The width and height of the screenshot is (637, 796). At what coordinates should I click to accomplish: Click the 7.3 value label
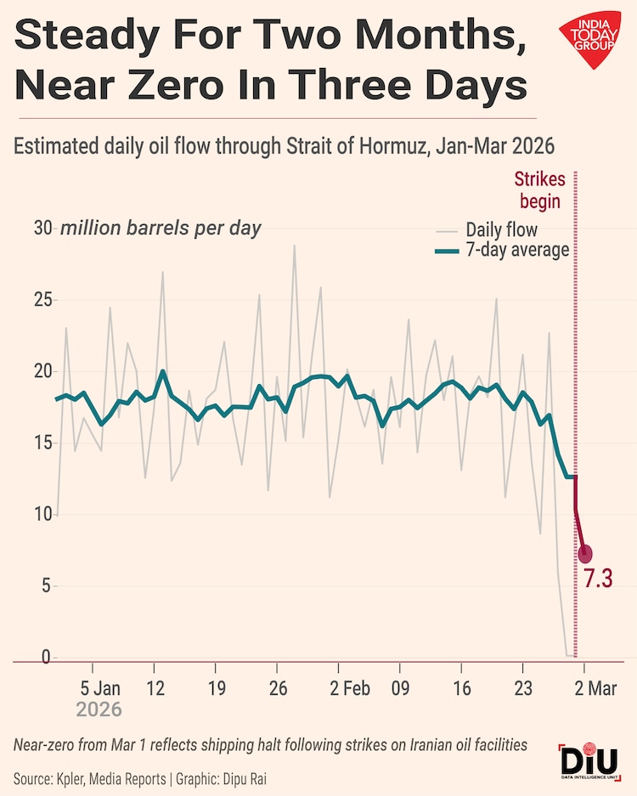(598, 579)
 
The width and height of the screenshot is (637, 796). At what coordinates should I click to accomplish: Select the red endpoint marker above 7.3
(585, 554)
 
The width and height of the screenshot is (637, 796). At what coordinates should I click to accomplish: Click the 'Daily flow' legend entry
(501, 229)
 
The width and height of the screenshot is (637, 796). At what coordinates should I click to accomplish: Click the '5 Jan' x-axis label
(100, 688)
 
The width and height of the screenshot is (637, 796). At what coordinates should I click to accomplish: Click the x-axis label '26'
(277, 688)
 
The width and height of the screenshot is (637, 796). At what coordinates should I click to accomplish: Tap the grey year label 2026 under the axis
(99, 708)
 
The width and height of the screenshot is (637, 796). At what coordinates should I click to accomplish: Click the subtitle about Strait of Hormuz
(284, 146)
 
